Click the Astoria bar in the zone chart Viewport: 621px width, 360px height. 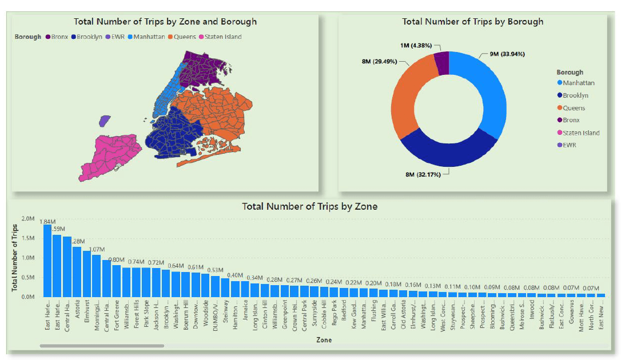click(x=77, y=272)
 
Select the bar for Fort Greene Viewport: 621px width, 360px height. click(x=117, y=281)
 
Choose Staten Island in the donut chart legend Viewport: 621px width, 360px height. click(x=581, y=133)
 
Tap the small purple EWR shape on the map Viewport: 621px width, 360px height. click(x=103, y=121)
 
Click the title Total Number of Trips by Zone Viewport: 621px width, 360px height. click(x=309, y=206)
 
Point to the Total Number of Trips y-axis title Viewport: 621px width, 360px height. click(x=15, y=258)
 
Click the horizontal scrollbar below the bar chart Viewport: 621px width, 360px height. click(x=102, y=346)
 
